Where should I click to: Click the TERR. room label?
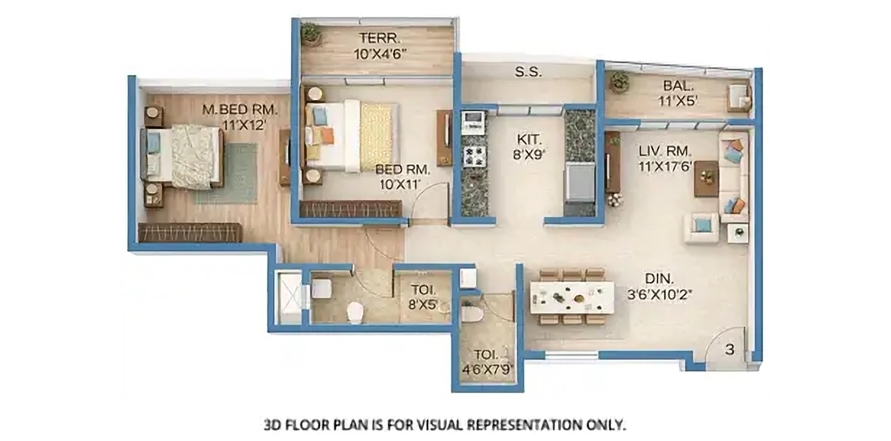379,38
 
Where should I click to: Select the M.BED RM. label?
240,109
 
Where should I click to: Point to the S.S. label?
528,72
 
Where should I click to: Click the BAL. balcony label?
678,86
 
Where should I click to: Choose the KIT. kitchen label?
529,140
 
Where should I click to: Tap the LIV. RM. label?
665,151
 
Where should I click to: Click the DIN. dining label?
659,279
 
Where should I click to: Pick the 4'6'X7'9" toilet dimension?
486,369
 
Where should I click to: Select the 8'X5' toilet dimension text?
423,305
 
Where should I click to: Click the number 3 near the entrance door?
730,350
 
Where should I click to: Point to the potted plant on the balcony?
619,82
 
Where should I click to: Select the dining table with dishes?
571,297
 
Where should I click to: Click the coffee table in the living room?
706,179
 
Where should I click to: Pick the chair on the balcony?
738,97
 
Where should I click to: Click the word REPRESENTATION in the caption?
525,425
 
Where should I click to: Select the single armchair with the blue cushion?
702,228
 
